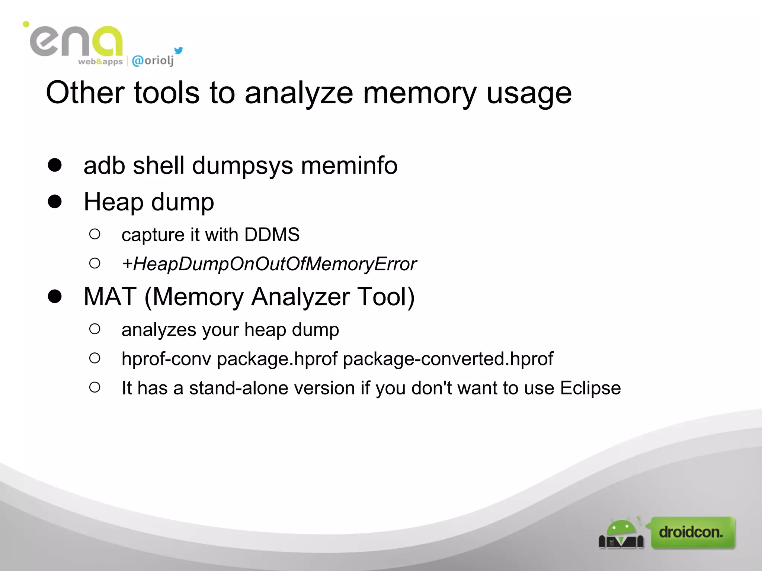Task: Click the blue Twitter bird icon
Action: point(179,51)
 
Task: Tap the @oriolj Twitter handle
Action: point(153,60)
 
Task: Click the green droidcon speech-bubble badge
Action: point(692,532)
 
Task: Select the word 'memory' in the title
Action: point(420,93)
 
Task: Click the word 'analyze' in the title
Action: point(299,93)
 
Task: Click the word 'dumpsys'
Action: point(242,166)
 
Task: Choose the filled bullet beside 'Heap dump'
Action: point(55,201)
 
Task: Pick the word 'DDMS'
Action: point(272,235)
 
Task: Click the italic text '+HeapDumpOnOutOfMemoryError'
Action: point(269,264)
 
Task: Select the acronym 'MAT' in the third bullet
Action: point(110,297)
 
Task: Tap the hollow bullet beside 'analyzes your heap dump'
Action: point(95,329)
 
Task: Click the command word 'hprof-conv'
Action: point(166,359)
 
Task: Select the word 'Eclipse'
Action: point(590,388)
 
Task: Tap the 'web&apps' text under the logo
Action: point(100,62)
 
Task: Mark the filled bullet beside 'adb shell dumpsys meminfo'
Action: point(55,165)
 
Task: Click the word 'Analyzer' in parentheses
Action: point(301,297)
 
